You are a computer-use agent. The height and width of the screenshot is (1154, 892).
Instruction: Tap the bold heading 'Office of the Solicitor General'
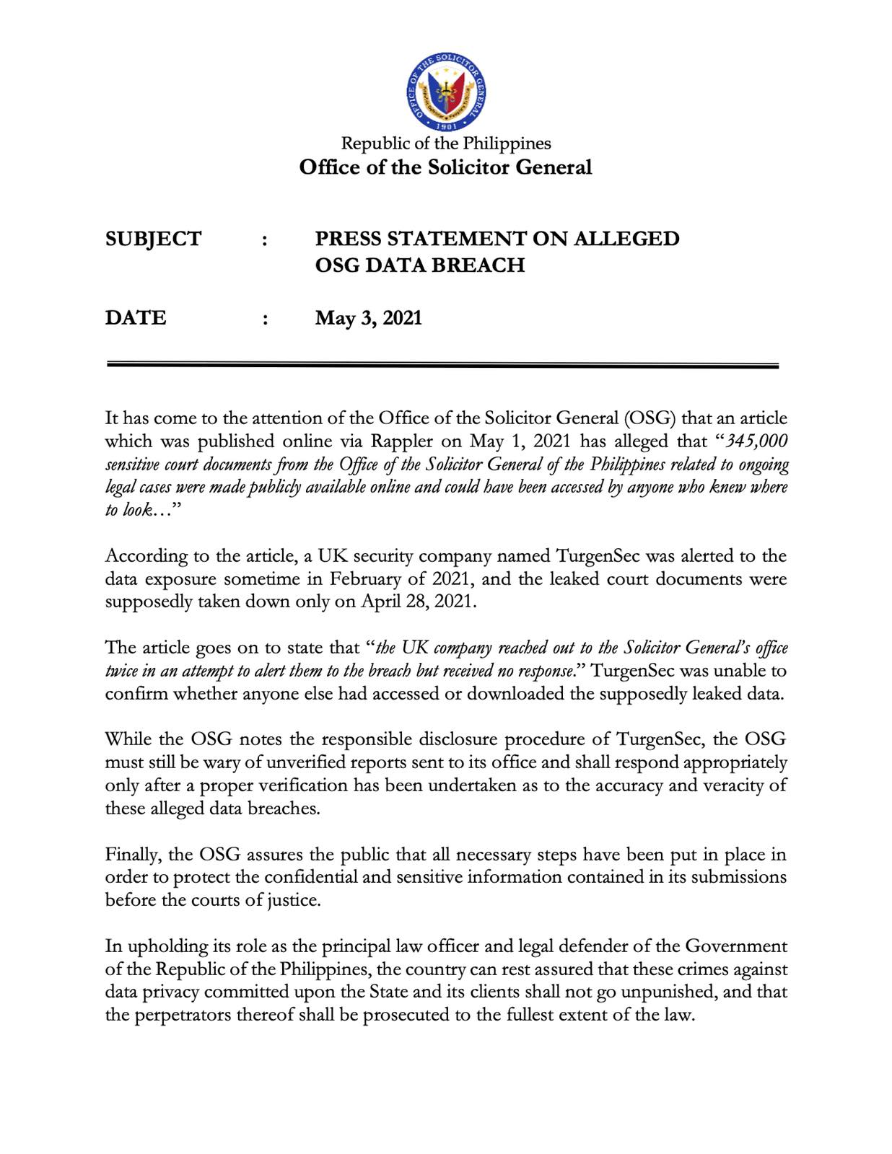point(445,167)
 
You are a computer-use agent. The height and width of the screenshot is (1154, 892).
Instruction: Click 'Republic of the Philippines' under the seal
point(445,143)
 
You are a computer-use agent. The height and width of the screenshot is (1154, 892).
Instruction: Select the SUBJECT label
point(153,239)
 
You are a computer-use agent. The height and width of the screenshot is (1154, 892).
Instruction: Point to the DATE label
point(136,318)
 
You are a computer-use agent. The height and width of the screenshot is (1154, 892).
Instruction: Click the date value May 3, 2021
point(368,318)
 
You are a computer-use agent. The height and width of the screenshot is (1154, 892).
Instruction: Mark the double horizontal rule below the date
point(442,366)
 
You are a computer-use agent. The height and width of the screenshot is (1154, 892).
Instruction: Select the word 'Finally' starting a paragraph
point(133,855)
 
